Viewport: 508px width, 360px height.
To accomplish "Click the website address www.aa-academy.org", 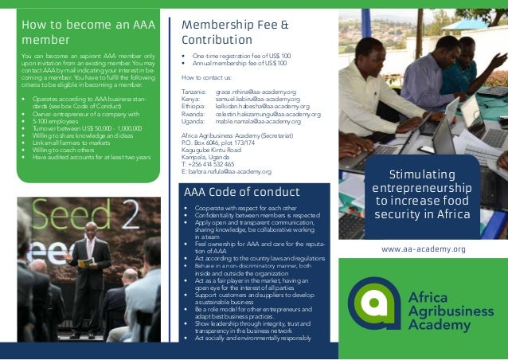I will click(x=424, y=249).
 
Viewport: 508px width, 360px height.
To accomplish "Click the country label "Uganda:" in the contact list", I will click(x=193, y=121).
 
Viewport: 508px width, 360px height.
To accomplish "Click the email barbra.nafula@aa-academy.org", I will click(x=226, y=171).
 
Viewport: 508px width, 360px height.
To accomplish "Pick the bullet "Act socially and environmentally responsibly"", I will click(x=252, y=338).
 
